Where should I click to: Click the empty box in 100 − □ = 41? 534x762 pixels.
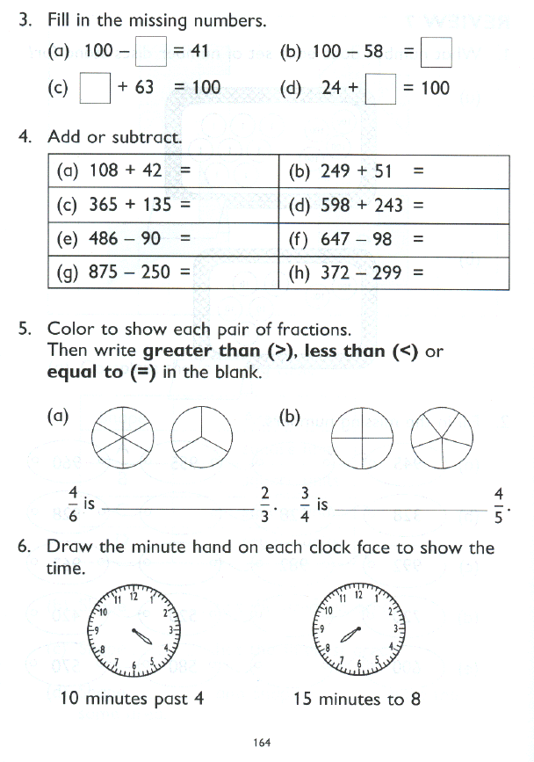151,51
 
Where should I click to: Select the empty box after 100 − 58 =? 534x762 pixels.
437,52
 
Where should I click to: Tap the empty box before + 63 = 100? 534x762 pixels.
95,88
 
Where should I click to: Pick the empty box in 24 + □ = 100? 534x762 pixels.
381,88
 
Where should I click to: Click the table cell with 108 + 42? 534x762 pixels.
167,171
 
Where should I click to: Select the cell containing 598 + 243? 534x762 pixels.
397,206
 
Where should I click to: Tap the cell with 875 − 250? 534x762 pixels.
167,272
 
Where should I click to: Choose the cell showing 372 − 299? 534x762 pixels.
397,272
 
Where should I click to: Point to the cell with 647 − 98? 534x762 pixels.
397,239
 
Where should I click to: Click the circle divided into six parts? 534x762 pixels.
124,435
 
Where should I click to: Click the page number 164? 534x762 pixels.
261,743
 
